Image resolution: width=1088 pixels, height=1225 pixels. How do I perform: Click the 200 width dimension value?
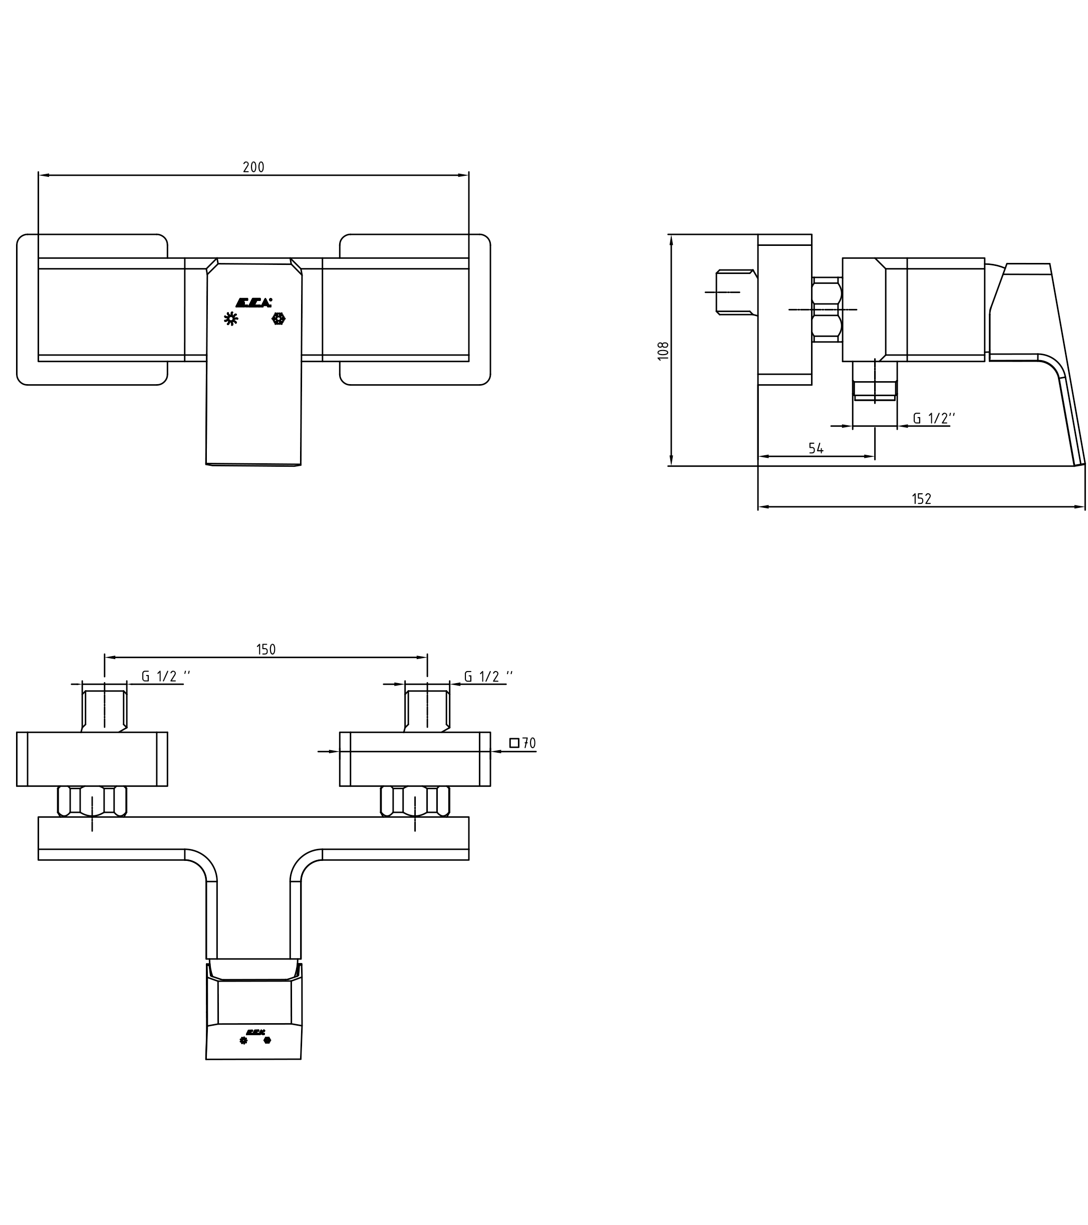[253, 167]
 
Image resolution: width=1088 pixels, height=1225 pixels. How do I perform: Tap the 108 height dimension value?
[663, 351]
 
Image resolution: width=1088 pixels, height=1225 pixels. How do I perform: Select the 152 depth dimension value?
[921, 499]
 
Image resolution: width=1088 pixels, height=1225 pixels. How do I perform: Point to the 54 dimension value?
[816, 448]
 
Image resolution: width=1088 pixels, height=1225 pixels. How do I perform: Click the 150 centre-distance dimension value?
[265, 650]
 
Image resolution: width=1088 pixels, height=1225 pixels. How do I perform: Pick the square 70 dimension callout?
[522, 743]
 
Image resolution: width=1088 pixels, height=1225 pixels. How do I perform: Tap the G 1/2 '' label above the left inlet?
[165, 676]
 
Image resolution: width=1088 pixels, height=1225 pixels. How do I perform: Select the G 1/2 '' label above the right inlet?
[488, 676]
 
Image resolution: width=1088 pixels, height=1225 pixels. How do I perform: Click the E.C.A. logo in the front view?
[253, 302]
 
